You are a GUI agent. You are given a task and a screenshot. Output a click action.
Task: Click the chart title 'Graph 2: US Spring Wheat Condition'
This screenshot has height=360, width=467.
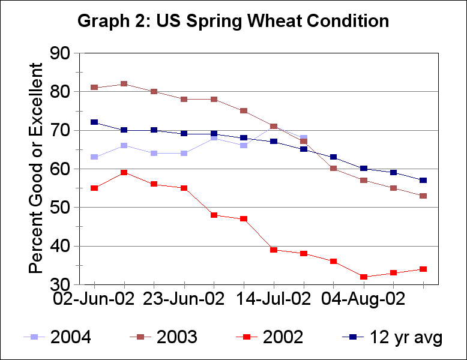(233, 21)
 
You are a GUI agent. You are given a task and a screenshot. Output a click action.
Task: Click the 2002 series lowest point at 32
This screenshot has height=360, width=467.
(364, 277)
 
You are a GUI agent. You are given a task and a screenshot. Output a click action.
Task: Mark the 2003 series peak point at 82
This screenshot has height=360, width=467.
(124, 84)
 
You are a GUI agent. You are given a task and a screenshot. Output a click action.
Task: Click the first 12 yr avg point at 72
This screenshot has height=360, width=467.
(94, 122)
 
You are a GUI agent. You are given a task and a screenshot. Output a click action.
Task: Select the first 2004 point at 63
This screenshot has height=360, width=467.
(94, 157)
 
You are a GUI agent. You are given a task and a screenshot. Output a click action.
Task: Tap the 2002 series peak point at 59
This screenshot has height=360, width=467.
(124, 173)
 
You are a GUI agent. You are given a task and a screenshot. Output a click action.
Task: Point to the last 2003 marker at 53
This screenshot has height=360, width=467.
(423, 196)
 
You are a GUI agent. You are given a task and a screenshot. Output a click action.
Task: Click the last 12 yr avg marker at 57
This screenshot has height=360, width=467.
(423, 181)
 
